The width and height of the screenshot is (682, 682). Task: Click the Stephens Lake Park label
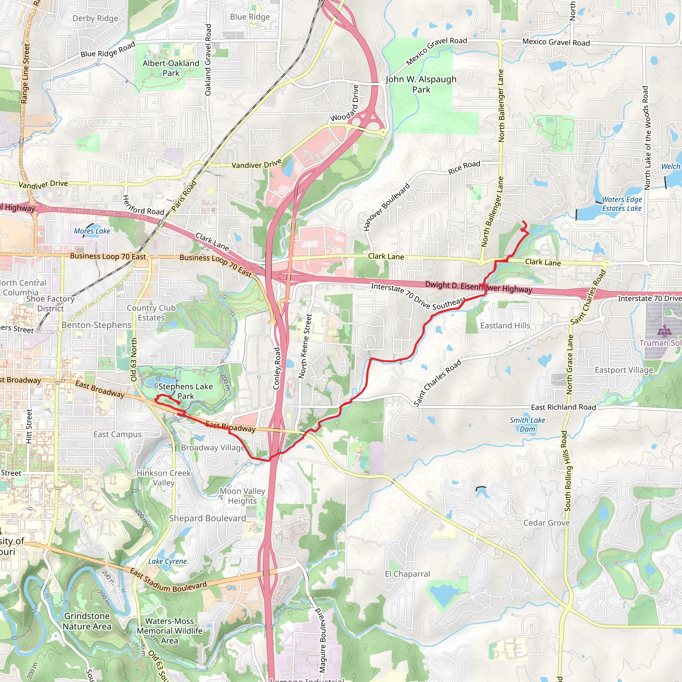pos(185,391)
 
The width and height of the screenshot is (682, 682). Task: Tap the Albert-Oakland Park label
pos(171,68)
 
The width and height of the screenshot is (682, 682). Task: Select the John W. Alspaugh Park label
pos(421,84)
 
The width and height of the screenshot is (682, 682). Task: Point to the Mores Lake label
pos(92,231)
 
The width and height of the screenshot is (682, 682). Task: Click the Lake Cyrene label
pos(167,561)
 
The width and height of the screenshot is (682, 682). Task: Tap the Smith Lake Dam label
pos(527,424)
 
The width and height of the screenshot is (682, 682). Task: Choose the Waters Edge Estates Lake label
pos(622,204)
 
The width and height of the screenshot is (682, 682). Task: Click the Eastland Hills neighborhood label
pos(505,325)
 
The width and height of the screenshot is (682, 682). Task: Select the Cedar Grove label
pos(546,523)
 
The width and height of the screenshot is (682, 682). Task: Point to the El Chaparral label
pos(407,574)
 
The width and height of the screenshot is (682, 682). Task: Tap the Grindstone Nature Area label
pos(87,621)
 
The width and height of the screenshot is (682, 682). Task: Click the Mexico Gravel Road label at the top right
pos(556,42)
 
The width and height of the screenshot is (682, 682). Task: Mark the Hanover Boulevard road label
pos(387,207)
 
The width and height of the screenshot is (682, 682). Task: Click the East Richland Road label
pos(563,407)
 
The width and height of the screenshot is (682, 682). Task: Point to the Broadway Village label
pos(213,448)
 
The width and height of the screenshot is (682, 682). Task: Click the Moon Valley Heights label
pos(242,496)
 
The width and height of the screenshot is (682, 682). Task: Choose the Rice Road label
pos(464,167)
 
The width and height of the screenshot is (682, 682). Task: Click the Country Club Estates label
pos(151,313)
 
